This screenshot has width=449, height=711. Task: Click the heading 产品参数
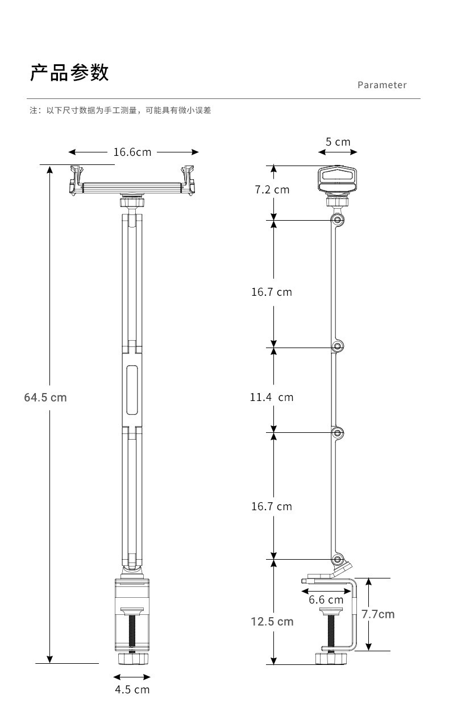[x=69, y=73]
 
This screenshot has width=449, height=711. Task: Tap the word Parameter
[x=382, y=85]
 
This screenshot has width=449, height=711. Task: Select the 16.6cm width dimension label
[x=132, y=152]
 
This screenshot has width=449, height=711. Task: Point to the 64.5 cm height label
[x=45, y=397]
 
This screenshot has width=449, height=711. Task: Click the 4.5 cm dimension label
[x=132, y=689]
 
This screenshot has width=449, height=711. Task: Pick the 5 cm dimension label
[x=338, y=142]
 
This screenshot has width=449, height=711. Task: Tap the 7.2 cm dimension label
[x=272, y=189]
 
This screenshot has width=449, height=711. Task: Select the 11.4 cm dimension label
[x=272, y=397]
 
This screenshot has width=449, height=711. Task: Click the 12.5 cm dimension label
[x=272, y=621]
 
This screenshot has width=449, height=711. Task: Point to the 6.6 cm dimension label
[x=326, y=600]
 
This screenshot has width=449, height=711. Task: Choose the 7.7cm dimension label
[x=378, y=614]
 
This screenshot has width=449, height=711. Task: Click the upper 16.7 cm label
[x=272, y=292]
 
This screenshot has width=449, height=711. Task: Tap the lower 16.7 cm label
[x=272, y=506]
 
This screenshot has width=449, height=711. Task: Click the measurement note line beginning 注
[x=120, y=110]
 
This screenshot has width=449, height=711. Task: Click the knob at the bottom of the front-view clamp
[x=132, y=658]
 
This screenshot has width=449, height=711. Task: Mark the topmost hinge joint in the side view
[x=338, y=220]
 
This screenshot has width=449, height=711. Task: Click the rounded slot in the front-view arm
[x=132, y=390]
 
